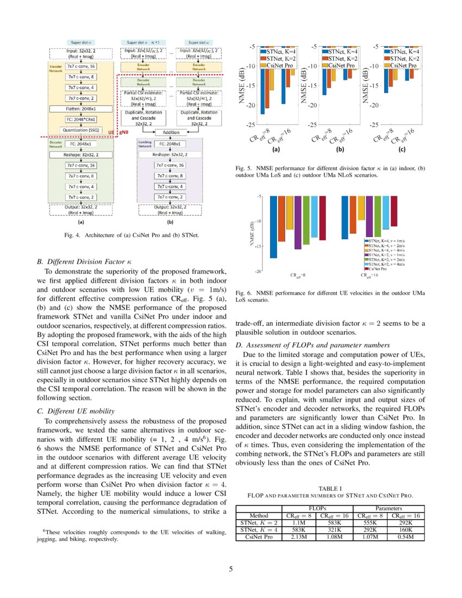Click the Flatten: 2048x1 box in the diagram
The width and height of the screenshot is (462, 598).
(81, 109)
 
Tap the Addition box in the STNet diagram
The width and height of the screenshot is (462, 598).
(171, 132)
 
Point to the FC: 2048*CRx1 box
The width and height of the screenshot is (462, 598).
(81, 119)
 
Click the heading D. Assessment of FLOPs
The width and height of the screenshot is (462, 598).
(313, 345)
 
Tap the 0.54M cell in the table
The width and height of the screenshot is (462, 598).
(405, 537)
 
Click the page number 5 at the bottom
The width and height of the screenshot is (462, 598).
(231, 569)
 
